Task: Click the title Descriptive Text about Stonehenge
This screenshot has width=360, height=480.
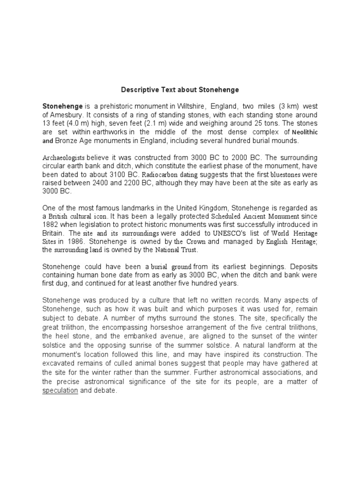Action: [180, 90]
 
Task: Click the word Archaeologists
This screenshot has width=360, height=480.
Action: [64, 158]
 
